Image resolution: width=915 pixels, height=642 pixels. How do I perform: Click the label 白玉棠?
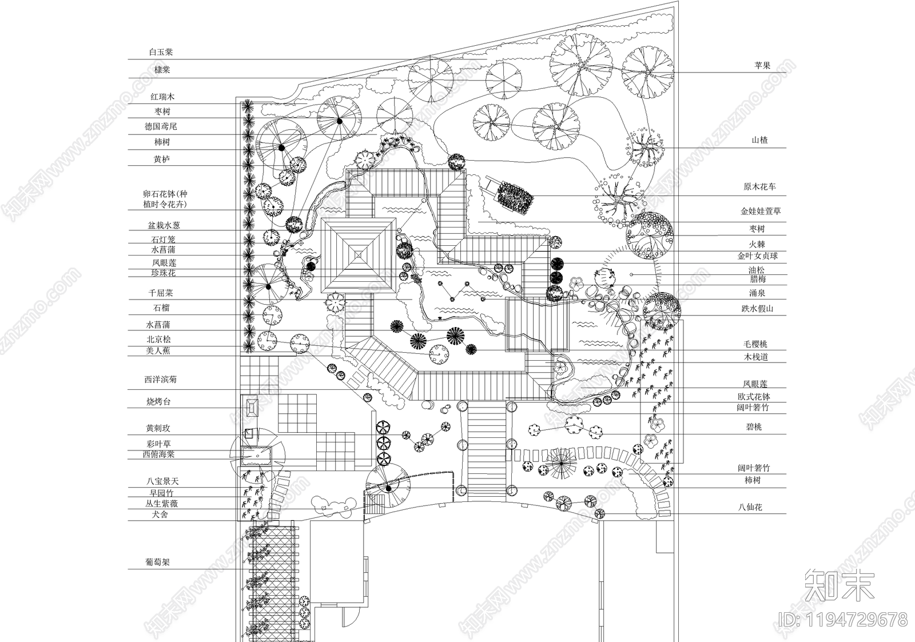coord(161,52)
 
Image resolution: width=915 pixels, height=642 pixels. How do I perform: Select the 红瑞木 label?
coord(162,97)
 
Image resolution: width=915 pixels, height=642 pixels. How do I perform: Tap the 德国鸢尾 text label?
coord(161,126)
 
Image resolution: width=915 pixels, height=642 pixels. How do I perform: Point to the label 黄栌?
coord(162,159)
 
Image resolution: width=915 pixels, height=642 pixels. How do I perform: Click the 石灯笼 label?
coord(163,240)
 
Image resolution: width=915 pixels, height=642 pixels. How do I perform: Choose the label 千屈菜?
coord(161,293)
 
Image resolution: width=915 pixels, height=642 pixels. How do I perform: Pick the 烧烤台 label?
coord(158,402)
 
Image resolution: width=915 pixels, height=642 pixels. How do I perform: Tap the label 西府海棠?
coord(158,454)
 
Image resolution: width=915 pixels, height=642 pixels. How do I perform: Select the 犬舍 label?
coord(160,515)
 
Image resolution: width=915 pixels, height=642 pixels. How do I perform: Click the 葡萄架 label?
coord(158,563)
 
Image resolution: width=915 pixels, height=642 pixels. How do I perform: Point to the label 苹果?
coord(762,66)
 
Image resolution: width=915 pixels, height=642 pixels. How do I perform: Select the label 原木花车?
coord(760,187)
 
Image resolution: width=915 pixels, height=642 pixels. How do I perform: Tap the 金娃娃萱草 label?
coord(761,212)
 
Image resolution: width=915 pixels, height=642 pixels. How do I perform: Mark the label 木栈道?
coord(756,357)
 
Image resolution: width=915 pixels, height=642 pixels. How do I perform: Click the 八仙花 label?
coord(750,508)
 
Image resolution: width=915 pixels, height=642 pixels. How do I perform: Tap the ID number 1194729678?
coord(843,620)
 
